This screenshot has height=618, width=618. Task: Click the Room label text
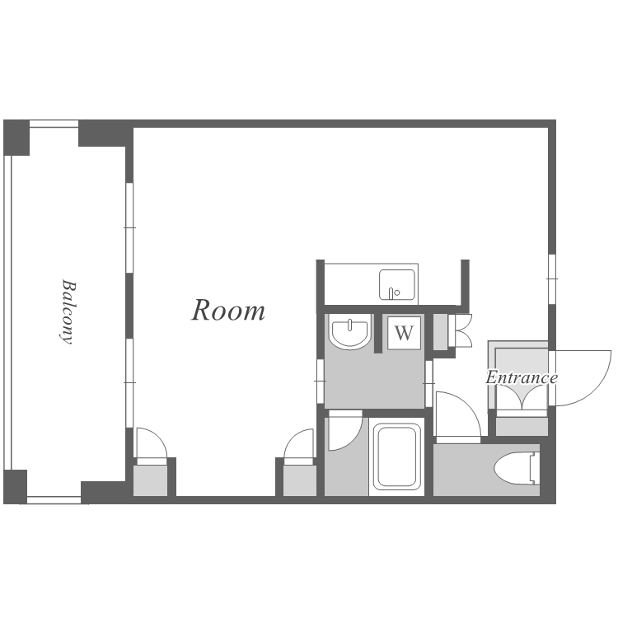point(228,311)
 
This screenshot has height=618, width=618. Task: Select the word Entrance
point(522,377)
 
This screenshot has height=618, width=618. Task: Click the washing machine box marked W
point(404,333)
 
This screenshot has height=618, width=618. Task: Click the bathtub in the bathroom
point(396,456)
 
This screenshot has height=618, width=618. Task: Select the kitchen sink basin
point(397,284)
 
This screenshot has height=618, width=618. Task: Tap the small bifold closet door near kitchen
point(461,330)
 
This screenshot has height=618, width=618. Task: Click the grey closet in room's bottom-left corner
point(150,480)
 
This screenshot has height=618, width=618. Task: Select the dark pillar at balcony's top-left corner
point(16,138)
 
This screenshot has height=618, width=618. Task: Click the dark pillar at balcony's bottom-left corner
point(16,486)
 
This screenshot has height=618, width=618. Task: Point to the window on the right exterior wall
point(552,279)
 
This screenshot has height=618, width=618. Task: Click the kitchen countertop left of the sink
point(352,283)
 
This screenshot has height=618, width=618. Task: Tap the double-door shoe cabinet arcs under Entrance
point(522,395)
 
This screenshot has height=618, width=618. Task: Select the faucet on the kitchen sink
point(391,293)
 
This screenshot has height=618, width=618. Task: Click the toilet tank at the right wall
point(535,468)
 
